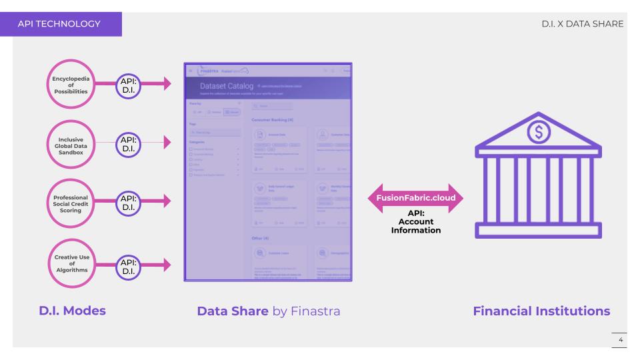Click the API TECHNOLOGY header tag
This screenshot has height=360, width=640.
tap(61, 24)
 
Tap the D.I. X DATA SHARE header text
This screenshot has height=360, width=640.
tap(583, 25)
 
